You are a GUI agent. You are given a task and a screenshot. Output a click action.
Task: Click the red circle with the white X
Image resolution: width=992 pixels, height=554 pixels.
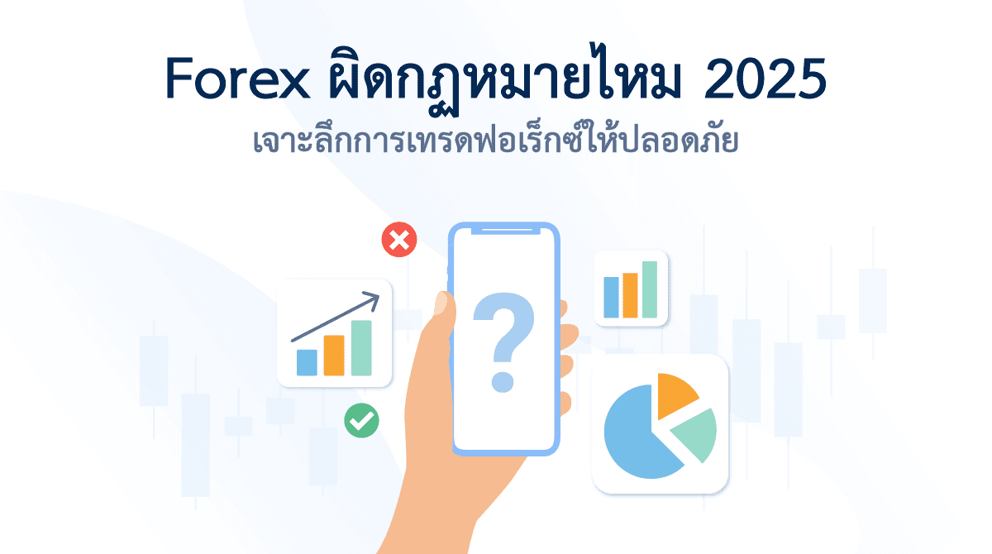coord(399,241)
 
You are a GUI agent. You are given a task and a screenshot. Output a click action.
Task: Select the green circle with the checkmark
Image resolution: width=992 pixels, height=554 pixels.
coord(361,420)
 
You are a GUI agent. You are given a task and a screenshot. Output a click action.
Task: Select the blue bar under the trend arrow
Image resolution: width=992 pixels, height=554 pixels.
coord(307,362)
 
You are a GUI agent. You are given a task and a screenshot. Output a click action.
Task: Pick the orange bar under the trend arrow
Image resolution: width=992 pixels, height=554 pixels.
coord(333,355)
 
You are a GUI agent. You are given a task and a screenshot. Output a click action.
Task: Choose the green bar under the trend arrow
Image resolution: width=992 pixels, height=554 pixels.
coord(360,347)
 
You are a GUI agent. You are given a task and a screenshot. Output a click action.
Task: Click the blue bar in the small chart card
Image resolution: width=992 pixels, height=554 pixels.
coord(611,298)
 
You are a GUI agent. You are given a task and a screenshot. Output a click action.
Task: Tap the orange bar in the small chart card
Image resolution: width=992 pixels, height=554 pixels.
coord(630,295)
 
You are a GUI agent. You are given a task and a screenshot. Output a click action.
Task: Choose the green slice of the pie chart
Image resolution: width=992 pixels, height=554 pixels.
coord(695,434)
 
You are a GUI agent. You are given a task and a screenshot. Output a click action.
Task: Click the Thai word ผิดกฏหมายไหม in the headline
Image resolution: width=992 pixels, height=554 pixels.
coord(496,80)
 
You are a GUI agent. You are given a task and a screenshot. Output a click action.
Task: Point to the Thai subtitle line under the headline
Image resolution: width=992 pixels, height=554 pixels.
coord(496,141)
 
